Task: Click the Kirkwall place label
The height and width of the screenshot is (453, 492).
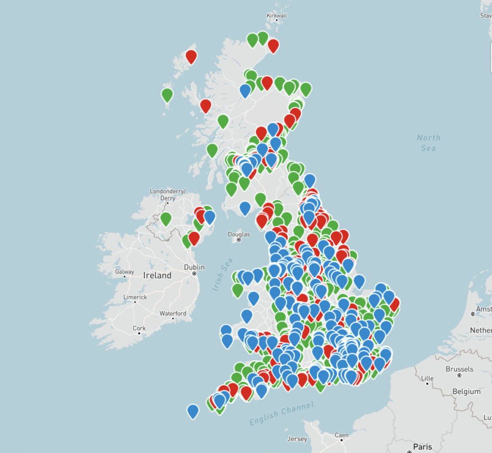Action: [276, 16]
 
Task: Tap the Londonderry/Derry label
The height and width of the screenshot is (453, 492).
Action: [167, 194]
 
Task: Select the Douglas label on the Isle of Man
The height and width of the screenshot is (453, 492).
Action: [239, 235]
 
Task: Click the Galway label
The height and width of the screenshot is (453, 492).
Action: [124, 272]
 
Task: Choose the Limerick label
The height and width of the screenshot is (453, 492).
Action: [135, 297]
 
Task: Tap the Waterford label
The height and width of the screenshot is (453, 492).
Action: [172, 314]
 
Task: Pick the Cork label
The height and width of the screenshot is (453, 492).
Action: [139, 328]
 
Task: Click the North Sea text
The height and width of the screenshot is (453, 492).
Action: [428, 143]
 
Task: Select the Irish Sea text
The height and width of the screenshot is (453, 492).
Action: [222, 274]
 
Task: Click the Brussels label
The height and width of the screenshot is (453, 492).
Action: [459, 369]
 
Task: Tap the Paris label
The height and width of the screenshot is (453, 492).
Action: [422, 447]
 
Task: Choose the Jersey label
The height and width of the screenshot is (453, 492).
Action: [297, 439]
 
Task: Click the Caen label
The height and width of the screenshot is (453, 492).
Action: [341, 435]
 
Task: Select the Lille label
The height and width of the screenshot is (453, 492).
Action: [427, 378]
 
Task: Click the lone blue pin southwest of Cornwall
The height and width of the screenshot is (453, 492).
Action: [193, 411]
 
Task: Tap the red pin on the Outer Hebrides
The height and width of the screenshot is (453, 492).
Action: [191, 56]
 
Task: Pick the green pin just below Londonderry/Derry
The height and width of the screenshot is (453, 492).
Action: [166, 218]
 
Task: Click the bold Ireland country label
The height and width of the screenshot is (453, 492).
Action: [157, 276]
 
